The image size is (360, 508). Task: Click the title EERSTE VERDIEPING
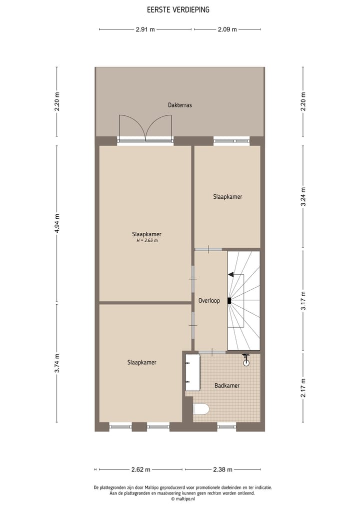click(178, 9)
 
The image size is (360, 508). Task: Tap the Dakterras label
click(180, 105)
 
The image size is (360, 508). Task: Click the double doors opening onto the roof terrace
click(145, 129)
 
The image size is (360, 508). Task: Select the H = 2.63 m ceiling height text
click(146, 241)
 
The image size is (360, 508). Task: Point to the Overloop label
click(209, 301)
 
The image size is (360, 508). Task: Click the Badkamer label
click(227, 386)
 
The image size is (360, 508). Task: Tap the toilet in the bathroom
click(201, 410)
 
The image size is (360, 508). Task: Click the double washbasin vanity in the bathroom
click(192, 373)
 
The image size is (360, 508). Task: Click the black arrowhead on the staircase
click(230, 274)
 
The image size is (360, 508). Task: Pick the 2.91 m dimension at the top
click(145, 29)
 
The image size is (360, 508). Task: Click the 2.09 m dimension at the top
click(227, 29)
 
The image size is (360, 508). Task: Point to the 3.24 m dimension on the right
click(303, 196)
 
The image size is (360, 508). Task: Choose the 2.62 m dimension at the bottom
click(140, 470)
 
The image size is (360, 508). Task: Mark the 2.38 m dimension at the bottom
click(222, 470)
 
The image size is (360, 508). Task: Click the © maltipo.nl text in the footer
click(182, 499)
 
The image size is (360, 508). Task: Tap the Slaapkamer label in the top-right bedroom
click(227, 197)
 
